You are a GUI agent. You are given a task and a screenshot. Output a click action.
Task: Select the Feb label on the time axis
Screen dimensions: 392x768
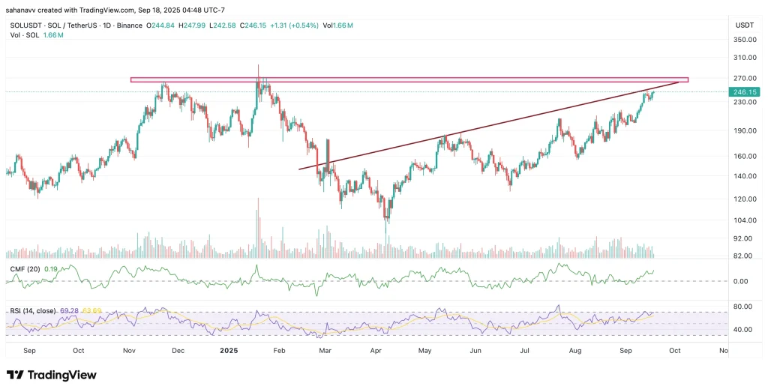pos(279,350)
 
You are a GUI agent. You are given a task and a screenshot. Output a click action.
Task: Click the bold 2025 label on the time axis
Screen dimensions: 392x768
pos(228,350)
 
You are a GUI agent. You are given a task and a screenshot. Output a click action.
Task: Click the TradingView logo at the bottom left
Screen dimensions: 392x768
pos(52,375)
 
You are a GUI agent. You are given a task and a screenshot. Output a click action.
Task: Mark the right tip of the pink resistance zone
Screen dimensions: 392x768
pos(687,79)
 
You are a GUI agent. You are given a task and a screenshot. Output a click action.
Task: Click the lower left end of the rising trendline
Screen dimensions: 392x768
pos(300,169)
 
